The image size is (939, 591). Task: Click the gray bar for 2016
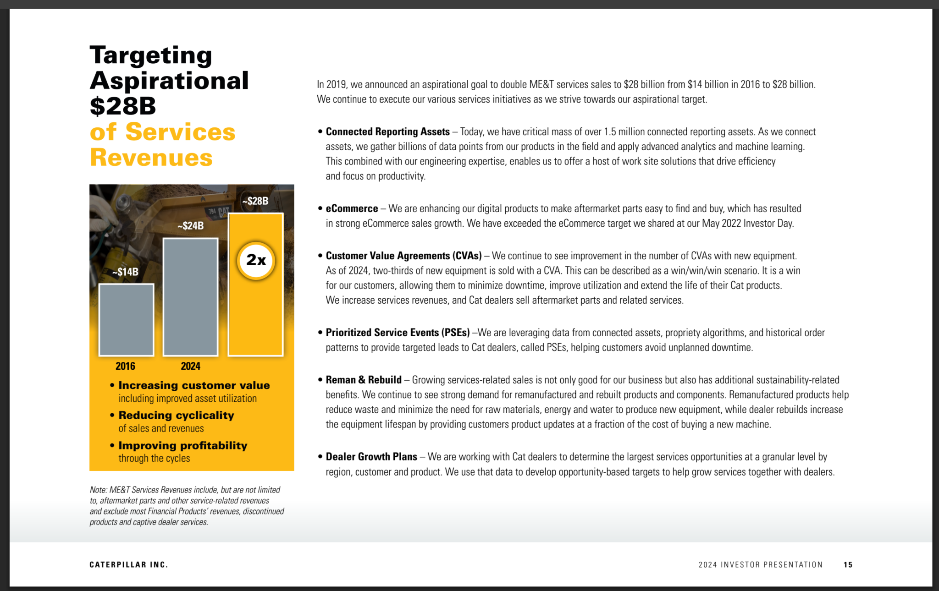[126, 320]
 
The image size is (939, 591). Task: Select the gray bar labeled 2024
[190, 297]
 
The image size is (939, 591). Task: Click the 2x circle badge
[256, 260]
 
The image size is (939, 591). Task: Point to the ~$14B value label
[125, 272]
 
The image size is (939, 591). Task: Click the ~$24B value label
[190, 225]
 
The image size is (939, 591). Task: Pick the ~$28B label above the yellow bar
[255, 201]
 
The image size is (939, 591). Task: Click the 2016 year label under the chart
[125, 366]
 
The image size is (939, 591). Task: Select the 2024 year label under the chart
[190, 366]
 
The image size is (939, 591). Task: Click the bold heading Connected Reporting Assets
[387, 132]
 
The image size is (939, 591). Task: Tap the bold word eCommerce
[352, 209]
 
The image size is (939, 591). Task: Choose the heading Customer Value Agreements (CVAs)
[403, 256]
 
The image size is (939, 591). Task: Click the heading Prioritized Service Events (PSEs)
[398, 333]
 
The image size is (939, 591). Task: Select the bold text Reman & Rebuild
[364, 380]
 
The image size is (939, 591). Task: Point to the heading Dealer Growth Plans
[371, 457]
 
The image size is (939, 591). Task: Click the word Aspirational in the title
[169, 81]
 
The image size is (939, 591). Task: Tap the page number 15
[848, 565]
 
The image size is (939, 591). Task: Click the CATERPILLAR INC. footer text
[128, 565]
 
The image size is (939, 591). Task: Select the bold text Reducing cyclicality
[176, 416]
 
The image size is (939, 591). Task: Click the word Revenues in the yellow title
[151, 158]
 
